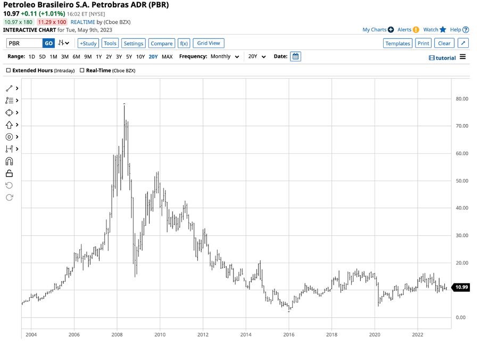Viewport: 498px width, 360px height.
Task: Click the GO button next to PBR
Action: [x=48, y=43]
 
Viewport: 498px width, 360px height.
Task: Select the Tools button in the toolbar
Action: [x=110, y=43]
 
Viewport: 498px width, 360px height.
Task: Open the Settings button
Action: [x=134, y=43]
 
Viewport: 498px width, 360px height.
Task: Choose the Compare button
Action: [x=161, y=43]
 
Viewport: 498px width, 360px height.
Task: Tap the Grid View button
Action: [x=209, y=43]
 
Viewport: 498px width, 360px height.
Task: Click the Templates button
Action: [x=397, y=43]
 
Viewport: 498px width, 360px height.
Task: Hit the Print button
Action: [x=423, y=43]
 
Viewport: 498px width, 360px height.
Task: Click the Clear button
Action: [x=444, y=43]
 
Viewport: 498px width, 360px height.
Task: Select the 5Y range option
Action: [x=129, y=56]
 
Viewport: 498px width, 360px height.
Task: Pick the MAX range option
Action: [x=167, y=56]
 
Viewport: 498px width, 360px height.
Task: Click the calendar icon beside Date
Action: [x=296, y=56]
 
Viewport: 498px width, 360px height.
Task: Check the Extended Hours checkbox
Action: [x=9, y=70]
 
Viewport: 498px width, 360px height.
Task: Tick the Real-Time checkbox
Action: [x=82, y=70]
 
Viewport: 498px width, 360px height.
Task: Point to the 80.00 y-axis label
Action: [x=462, y=99]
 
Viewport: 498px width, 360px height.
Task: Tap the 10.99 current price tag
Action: [x=462, y=288]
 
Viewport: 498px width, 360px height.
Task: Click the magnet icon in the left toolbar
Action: [x=9, y=161]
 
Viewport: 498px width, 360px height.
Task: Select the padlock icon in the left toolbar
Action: [x=9, y=173]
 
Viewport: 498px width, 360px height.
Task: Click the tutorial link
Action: [x=442, y=58]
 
